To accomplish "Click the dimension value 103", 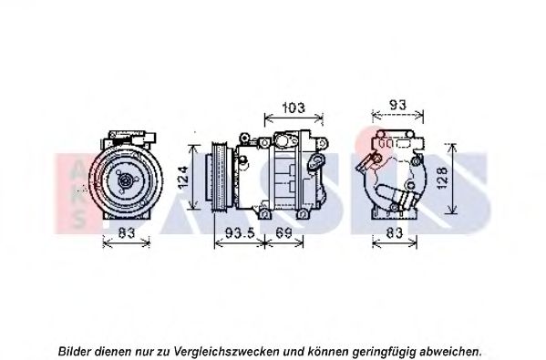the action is [x=294, y=108].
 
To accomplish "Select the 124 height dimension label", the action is [x=183, y=178].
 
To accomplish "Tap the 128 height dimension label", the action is [x=442, y=178].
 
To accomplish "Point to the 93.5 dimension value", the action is [x=241, y=232].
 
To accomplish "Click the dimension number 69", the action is [x=283, y=232].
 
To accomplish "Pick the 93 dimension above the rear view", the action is [x=397, y=105].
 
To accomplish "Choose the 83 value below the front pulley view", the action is [x=127, y=232].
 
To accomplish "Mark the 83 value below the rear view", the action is [x=395, y=232].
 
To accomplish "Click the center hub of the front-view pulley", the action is [x=126, y=180].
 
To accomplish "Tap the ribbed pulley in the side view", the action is [x=220, y=176].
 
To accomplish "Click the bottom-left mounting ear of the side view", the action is [x=264, y=213].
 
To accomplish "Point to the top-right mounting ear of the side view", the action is [x=323, y=143].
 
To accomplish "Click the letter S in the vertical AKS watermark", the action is [x=78, y=220].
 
